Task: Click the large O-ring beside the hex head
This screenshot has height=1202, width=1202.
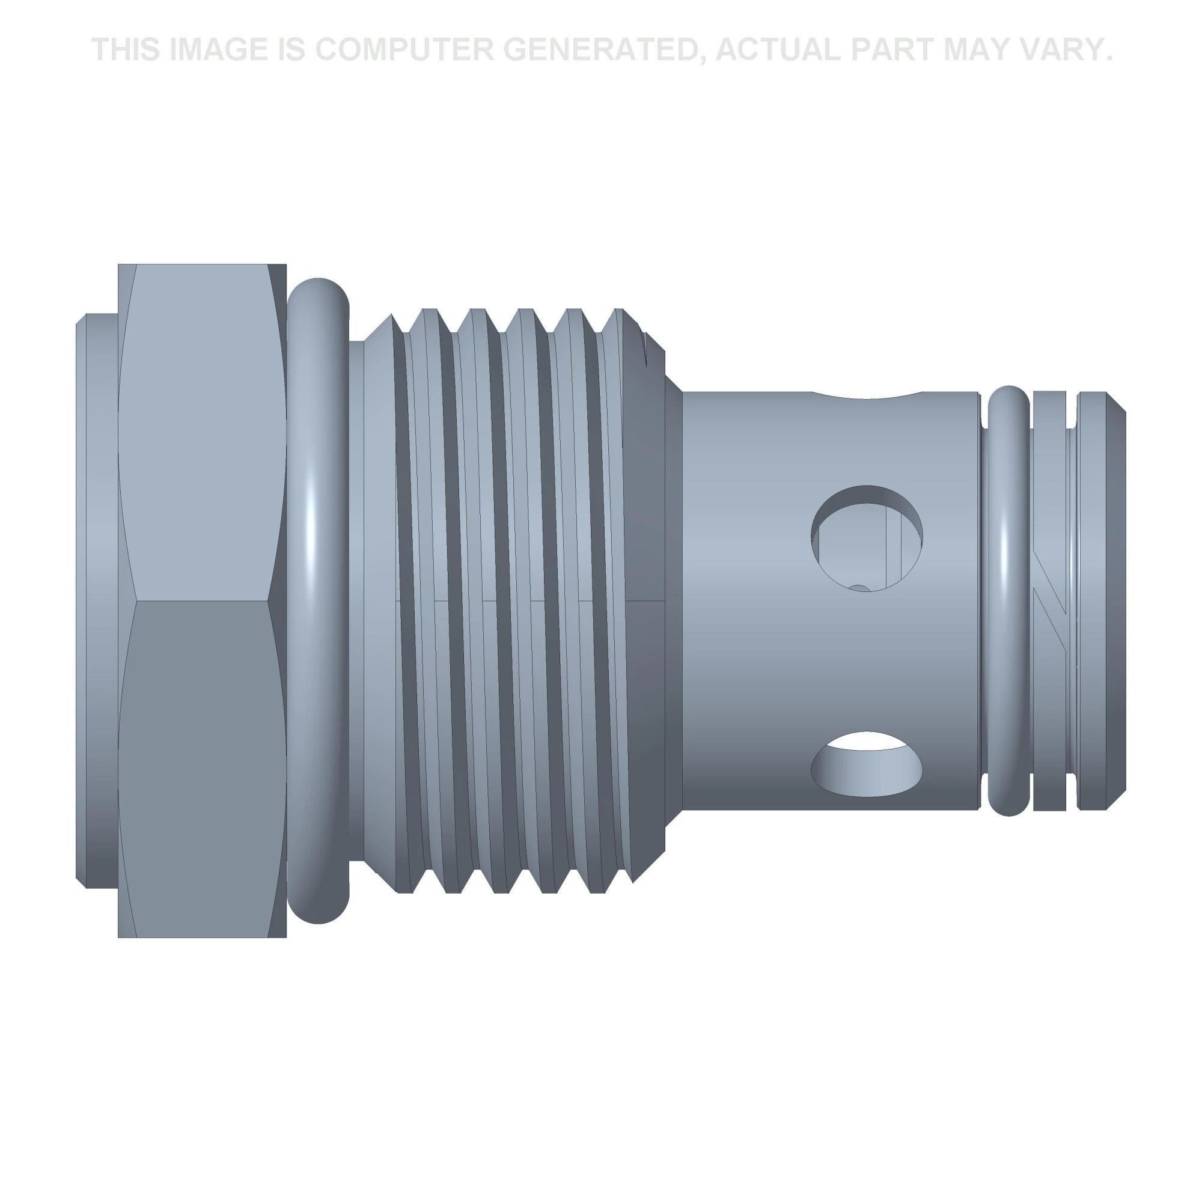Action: [319, 600]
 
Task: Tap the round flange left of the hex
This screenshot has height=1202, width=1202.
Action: [96, 600]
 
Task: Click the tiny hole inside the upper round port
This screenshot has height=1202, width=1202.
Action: [859, 587]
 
